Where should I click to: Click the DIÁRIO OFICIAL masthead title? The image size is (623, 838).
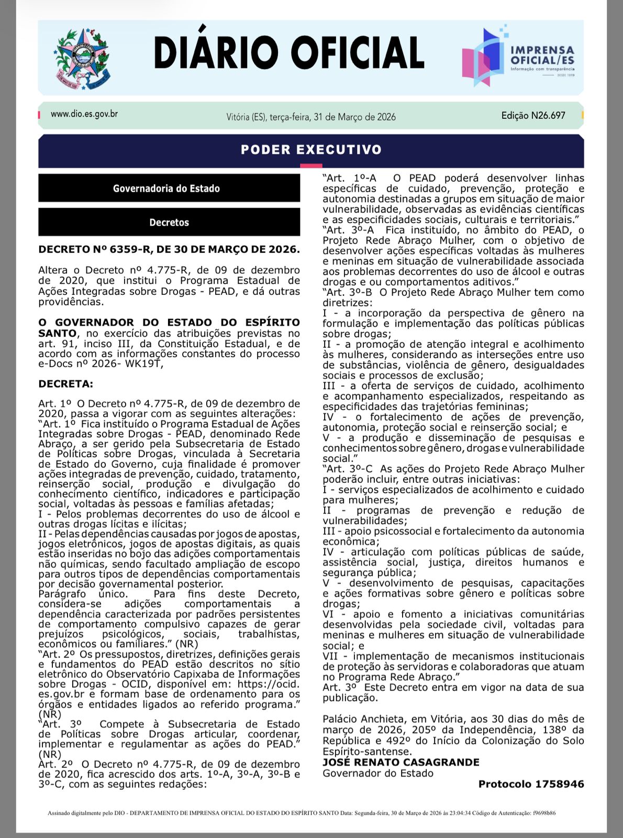tap(288, 53)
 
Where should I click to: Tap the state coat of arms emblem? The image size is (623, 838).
tap(82, 58)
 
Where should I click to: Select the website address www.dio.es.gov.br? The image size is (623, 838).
tap(84, 114)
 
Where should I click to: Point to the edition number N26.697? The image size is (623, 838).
tap(548, 115)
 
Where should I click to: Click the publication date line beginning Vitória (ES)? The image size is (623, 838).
tap(311, 117)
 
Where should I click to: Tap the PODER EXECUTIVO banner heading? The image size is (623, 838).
tap(311, 150)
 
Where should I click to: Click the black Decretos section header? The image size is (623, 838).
tap(169, 223)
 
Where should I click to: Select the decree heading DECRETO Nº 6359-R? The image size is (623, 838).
tap(169, 249)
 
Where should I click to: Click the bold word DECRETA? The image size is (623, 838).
tap(65, 384)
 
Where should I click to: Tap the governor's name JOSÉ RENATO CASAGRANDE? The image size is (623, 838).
tap(400, 762)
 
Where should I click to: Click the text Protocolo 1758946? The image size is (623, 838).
tap(531, 784)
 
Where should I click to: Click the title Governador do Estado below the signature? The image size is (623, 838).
tap(377, 773)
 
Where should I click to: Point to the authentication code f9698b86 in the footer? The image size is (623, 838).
tap(544, 813)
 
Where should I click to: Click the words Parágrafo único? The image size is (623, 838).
tap(83, 594)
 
